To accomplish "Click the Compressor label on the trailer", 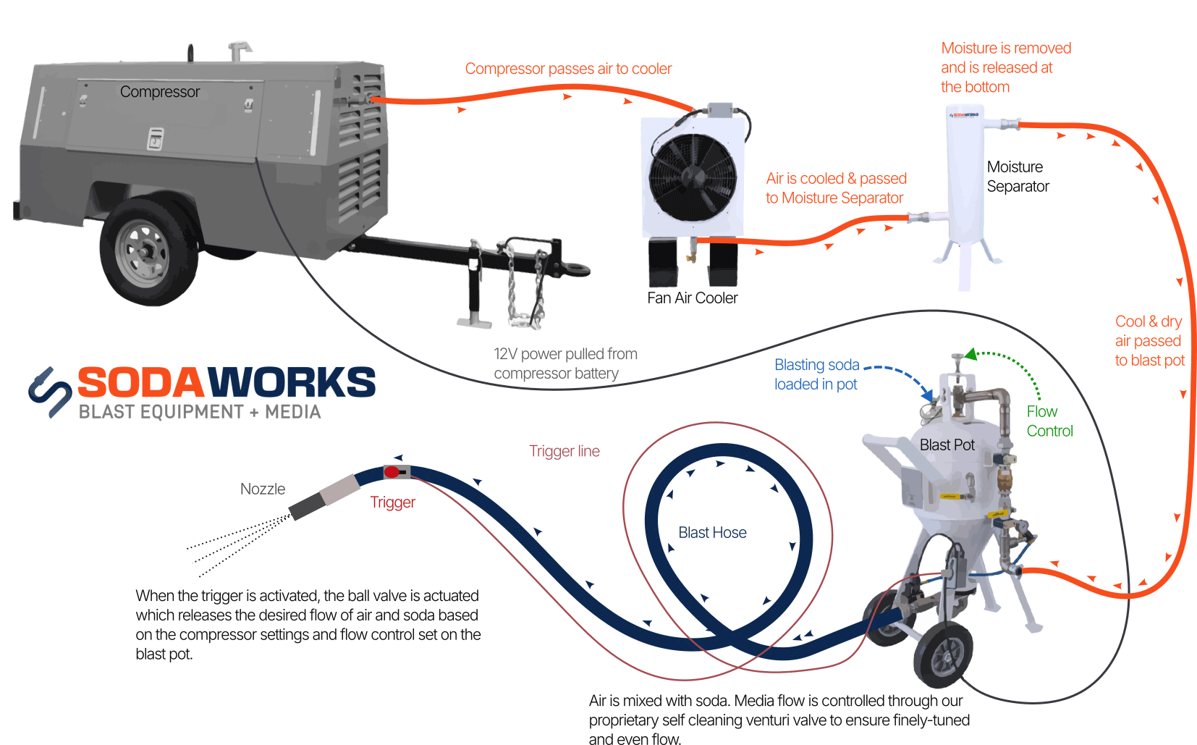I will pyautogui.click(x=159, y=92).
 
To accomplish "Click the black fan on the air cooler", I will pyautogui.click(x=693, y=177).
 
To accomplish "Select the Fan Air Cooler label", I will pyautogui.click(x=692, y=298).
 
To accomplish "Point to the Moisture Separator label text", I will pyautogui.click(x=1017, y=177).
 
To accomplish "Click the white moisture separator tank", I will pyautogui.click(x=965, y=181).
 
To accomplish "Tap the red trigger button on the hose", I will pyautogui.click(x=392, y=472).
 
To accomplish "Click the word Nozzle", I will pyautogui.click(x=263, y=489).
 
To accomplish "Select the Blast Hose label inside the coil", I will pyautogui.click(x=712, y=533).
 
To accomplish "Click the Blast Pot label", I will pyautogui.click(x=947, y=445).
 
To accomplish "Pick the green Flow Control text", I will pyautogui.click(x=1049, y=421).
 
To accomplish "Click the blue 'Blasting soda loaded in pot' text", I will pyautogui.click(x=816, y=374).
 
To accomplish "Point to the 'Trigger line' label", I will pyautogui.click(x=564, y=451).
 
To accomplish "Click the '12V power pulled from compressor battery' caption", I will pyautogui.click(x=564, y=363).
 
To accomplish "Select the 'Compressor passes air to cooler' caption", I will pyautogui.click(x=568, y=69).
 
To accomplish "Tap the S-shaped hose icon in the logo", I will pyautogui.click(x=50, y=392).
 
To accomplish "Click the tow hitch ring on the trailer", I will pyautogui.click(x=579, y=269).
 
